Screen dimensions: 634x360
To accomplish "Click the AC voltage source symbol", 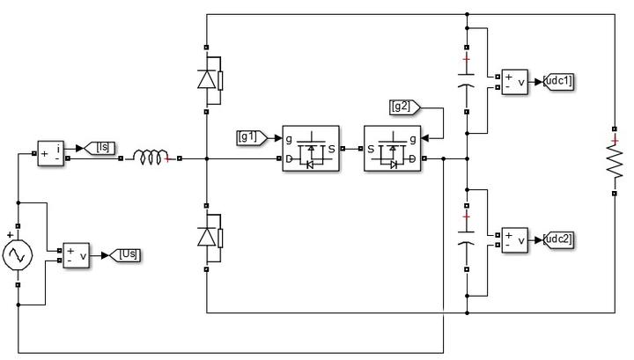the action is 18,255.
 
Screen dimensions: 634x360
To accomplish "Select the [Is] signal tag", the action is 100,148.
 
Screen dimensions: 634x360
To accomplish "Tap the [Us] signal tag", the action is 126,255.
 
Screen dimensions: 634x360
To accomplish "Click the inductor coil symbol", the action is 151,158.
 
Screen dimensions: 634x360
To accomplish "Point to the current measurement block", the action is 50,153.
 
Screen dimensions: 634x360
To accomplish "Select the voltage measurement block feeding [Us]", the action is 76,255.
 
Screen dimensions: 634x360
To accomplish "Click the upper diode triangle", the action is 207,79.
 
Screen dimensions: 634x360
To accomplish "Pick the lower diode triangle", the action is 207,237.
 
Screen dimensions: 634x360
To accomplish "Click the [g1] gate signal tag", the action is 252,138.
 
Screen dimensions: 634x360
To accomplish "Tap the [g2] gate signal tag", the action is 405,107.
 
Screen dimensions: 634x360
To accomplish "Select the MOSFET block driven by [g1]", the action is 311,149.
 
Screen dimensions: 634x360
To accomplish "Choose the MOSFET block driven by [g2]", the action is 392,149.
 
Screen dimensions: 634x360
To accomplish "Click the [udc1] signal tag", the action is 558,82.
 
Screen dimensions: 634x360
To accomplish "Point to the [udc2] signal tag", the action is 558,240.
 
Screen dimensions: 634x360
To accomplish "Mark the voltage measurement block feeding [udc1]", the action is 515,82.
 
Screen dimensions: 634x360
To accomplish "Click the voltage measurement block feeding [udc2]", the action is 515,240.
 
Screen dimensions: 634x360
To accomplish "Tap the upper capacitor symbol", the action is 467,79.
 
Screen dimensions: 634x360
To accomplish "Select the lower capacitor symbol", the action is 467,238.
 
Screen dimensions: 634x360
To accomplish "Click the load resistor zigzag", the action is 615,161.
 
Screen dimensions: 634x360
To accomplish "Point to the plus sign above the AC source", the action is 10,234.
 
